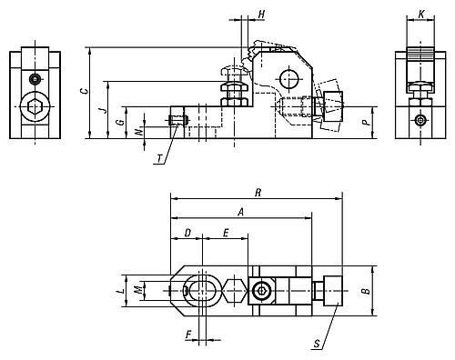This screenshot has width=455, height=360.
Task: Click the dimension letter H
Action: click(261, 14)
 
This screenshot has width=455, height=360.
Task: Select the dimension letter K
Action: click(421, 14)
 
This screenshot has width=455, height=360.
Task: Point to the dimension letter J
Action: click(104, 110)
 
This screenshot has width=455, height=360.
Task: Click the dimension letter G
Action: click(121, 122)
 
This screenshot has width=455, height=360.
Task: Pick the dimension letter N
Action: click(138, 132)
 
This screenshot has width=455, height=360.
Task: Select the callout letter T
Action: click(159, 158)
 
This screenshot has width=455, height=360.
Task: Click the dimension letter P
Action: click(367, 123)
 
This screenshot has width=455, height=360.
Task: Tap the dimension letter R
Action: click(258, 193)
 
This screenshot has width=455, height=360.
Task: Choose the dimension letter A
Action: click(240, 212)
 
